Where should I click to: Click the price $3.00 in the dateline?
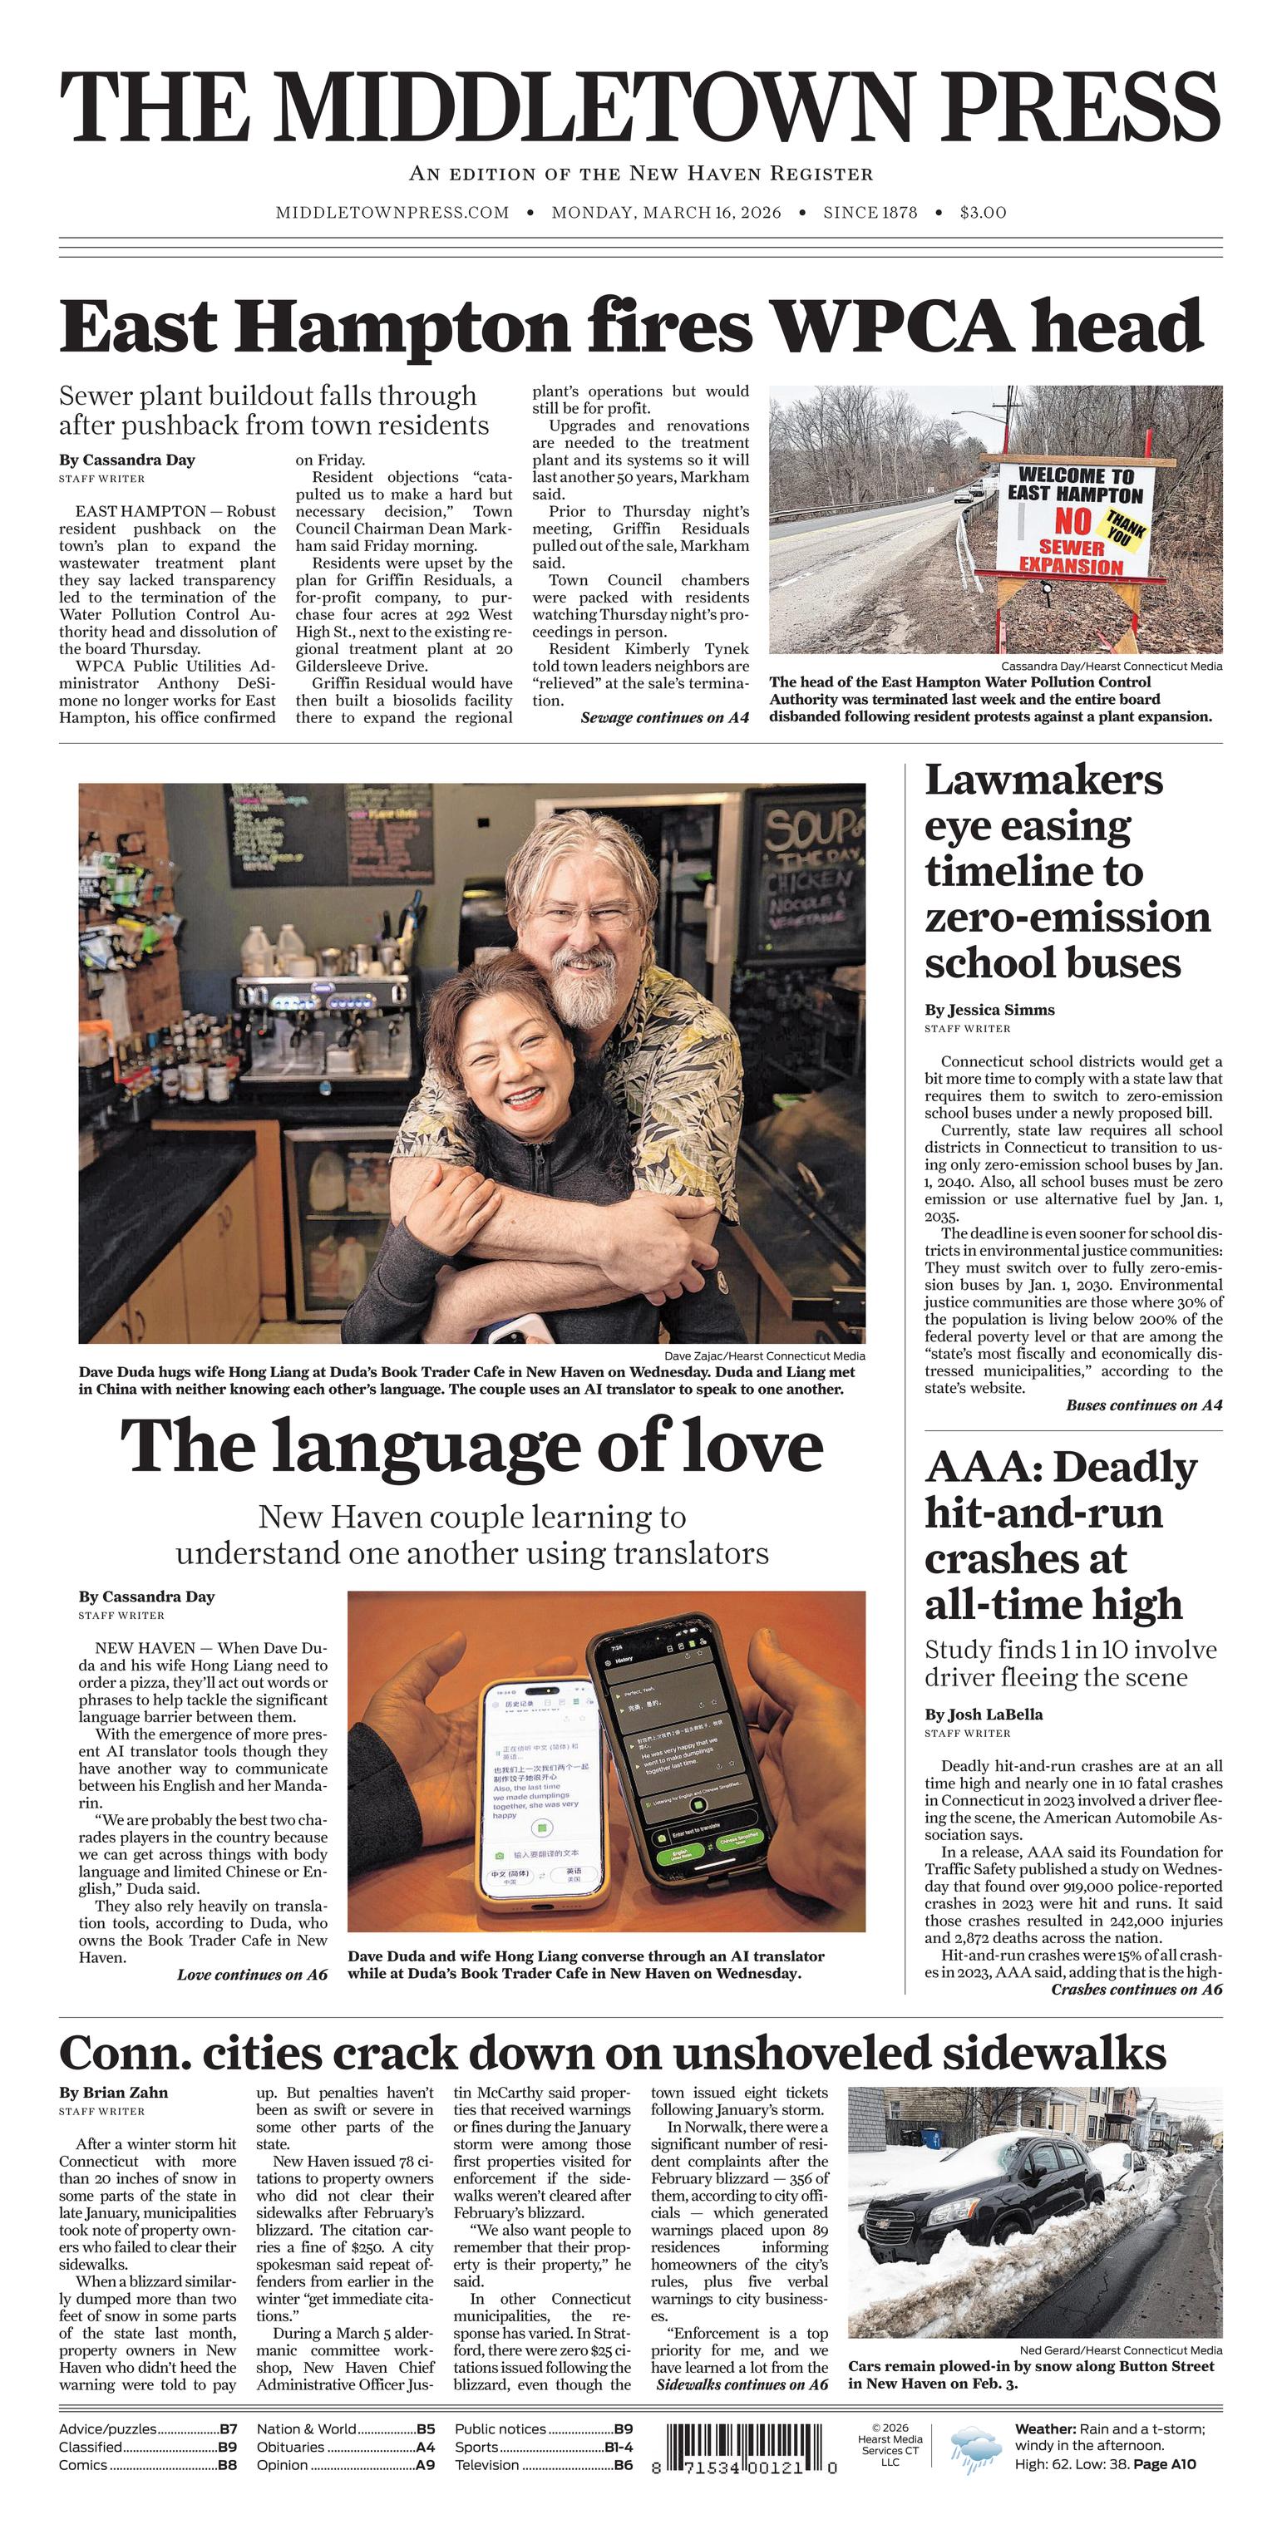(982, 213)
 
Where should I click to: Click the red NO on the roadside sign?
(1072, 520)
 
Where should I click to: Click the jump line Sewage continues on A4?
(664, 718)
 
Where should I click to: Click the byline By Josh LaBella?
(983, 1715)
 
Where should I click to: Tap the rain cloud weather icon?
(976, 2445)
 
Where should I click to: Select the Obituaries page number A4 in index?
(424, 2447)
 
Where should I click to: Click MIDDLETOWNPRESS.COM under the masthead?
(392, 213)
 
